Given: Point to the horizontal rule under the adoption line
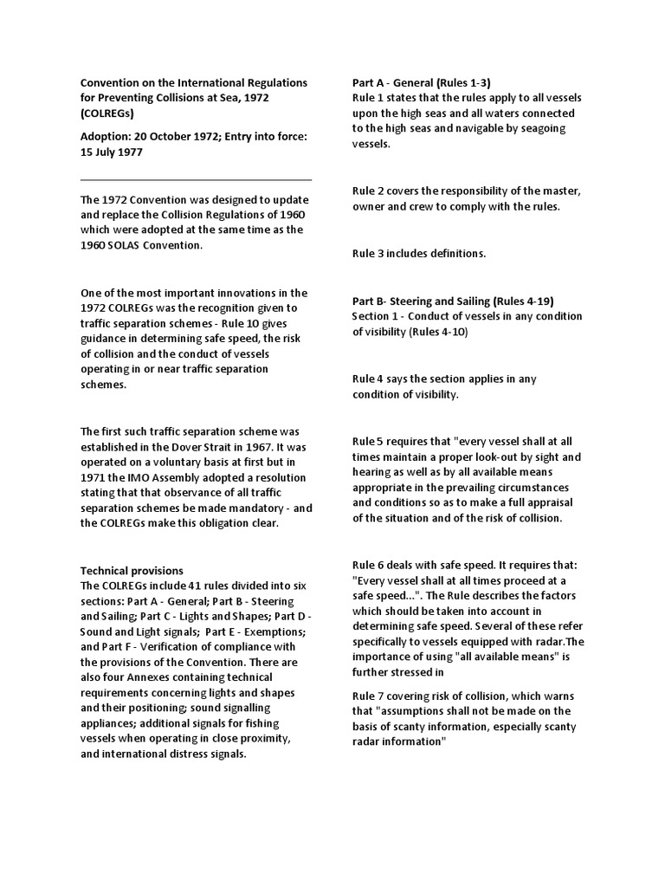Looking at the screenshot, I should point(196,180).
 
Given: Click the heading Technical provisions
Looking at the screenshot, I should point(132,571).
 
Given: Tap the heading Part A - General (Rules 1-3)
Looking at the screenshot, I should point(421,83).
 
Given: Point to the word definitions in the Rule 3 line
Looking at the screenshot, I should point(455,254).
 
